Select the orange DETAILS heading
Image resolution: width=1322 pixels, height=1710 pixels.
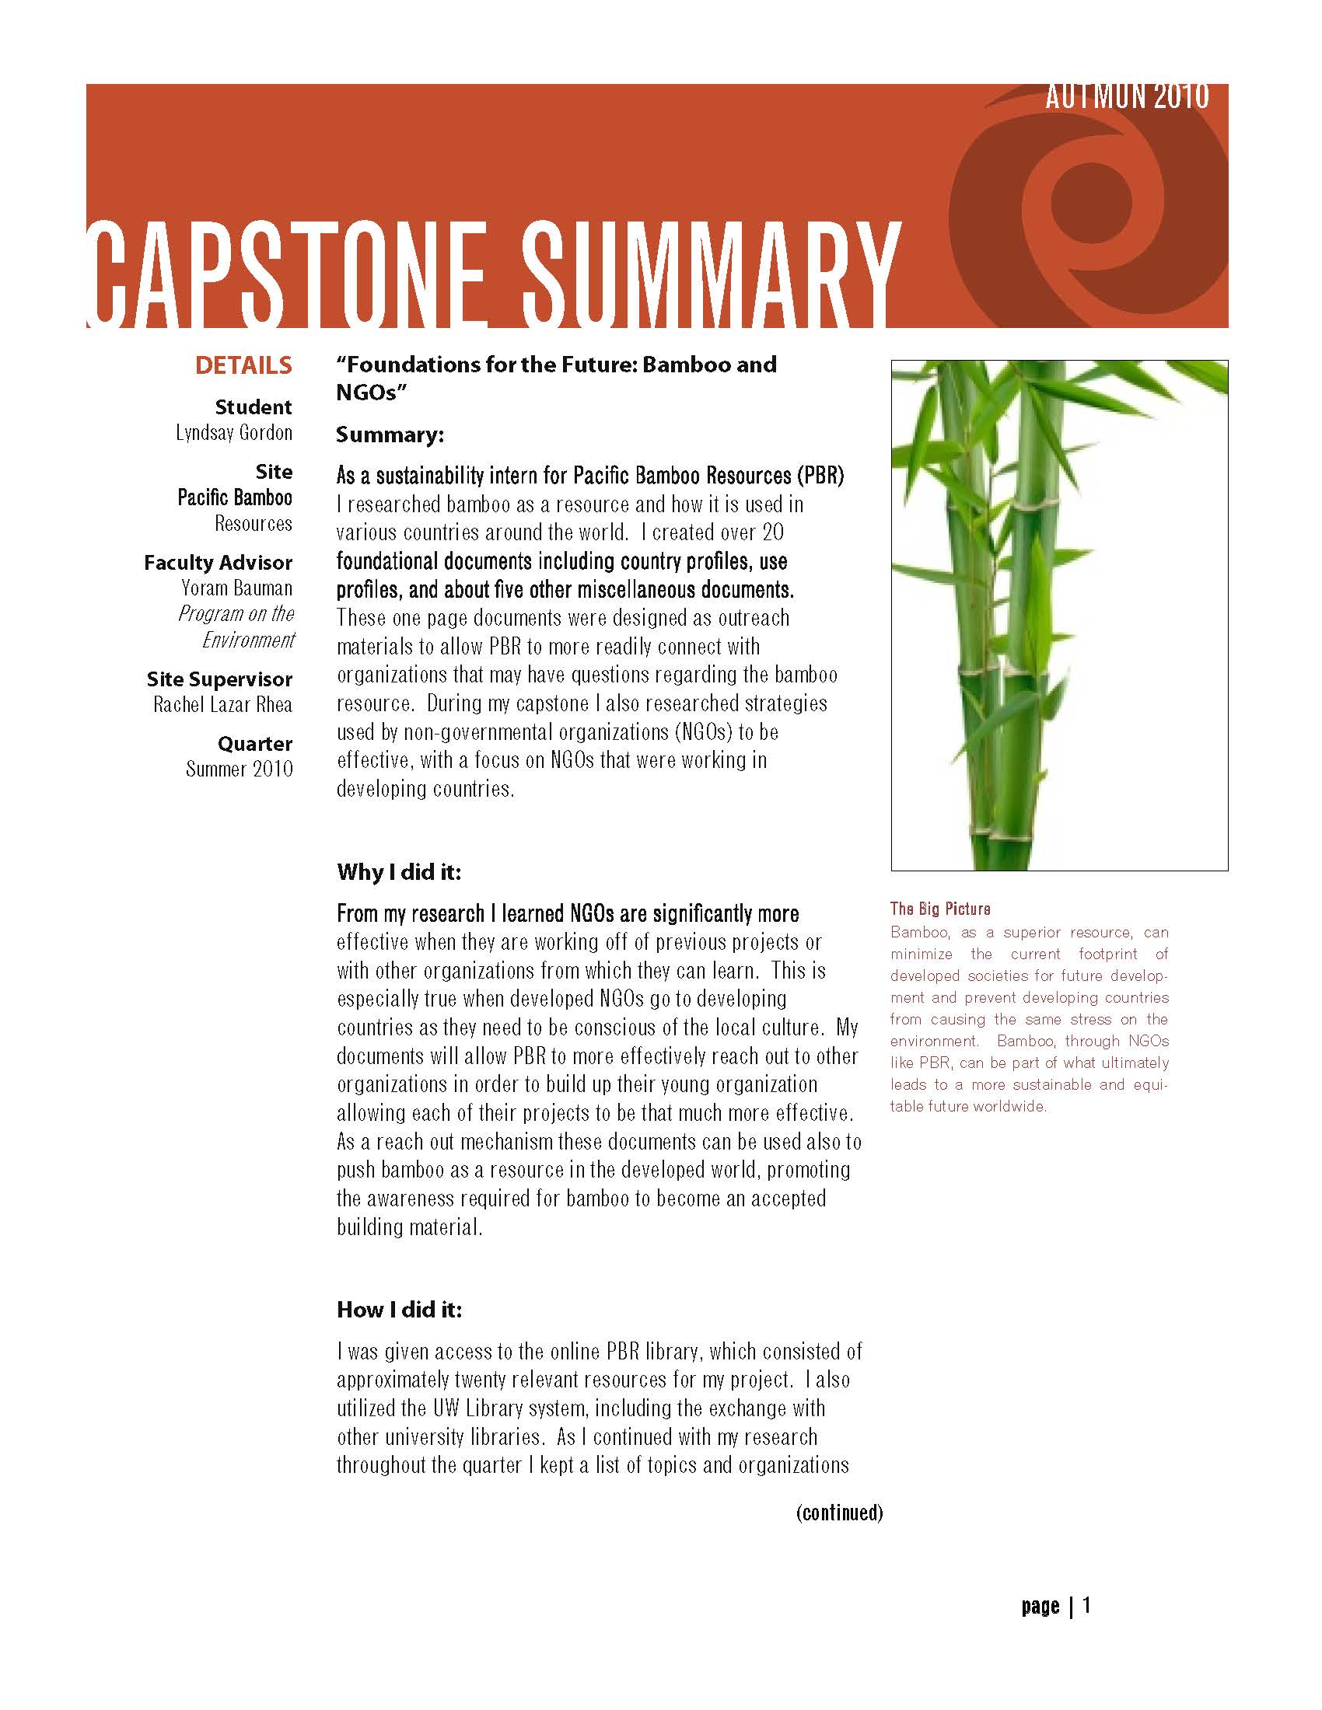tap(243, 365)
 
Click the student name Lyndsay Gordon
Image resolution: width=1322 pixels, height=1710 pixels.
tap(233, 433)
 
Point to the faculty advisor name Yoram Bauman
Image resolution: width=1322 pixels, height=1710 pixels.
tap(236, 588)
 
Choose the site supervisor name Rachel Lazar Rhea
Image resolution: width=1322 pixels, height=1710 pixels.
tap(222, 705)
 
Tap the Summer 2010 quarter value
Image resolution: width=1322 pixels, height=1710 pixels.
tap(239, 769)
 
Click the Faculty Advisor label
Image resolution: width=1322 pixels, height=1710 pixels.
tap(218, 563)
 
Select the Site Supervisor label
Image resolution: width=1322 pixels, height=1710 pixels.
tap(219, 679)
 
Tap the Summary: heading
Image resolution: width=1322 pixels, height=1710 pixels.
tap(390, 435)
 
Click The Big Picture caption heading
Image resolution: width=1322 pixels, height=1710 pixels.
tap(940, 909)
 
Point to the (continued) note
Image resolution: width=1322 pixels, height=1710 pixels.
tap(839, 1513)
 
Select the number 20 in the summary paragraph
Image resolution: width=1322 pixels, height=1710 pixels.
tap(773, 533)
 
